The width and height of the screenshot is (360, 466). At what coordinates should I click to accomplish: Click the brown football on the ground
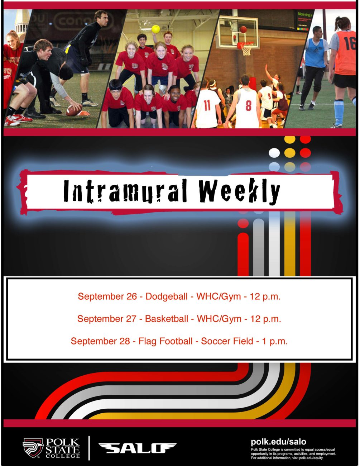[x=74, y=110]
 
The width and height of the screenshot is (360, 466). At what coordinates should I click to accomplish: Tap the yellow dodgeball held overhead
[x=156, y=29]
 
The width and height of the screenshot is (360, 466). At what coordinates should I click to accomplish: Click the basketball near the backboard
[x=243, y=29]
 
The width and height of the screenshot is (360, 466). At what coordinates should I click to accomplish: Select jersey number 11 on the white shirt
[x=207, y=105]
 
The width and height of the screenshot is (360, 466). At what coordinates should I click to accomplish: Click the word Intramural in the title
[x=125, y=191]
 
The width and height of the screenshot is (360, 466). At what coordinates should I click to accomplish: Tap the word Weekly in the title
[x=239, y=191]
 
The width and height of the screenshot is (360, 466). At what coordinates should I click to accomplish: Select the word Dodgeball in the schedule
[x=167, y=296]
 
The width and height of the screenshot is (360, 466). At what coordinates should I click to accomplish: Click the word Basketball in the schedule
[x=167, y=319]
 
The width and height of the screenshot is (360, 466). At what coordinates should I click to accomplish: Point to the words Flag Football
[x=165, y=341]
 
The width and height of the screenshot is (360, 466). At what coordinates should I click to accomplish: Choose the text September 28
[x=100, y=341]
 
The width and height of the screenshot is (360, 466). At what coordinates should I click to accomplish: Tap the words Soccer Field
[x=227, y=341]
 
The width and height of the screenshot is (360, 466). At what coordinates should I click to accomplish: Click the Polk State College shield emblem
[x=33, y=448]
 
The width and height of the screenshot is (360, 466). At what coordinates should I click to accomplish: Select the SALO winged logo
[x=137, y=448]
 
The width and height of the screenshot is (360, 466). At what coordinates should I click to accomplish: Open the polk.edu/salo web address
[x=279, y=442]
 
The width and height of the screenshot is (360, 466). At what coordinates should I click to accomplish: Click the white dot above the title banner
[x=274, y=153]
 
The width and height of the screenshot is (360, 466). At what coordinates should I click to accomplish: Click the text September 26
[x=107, y=296]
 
